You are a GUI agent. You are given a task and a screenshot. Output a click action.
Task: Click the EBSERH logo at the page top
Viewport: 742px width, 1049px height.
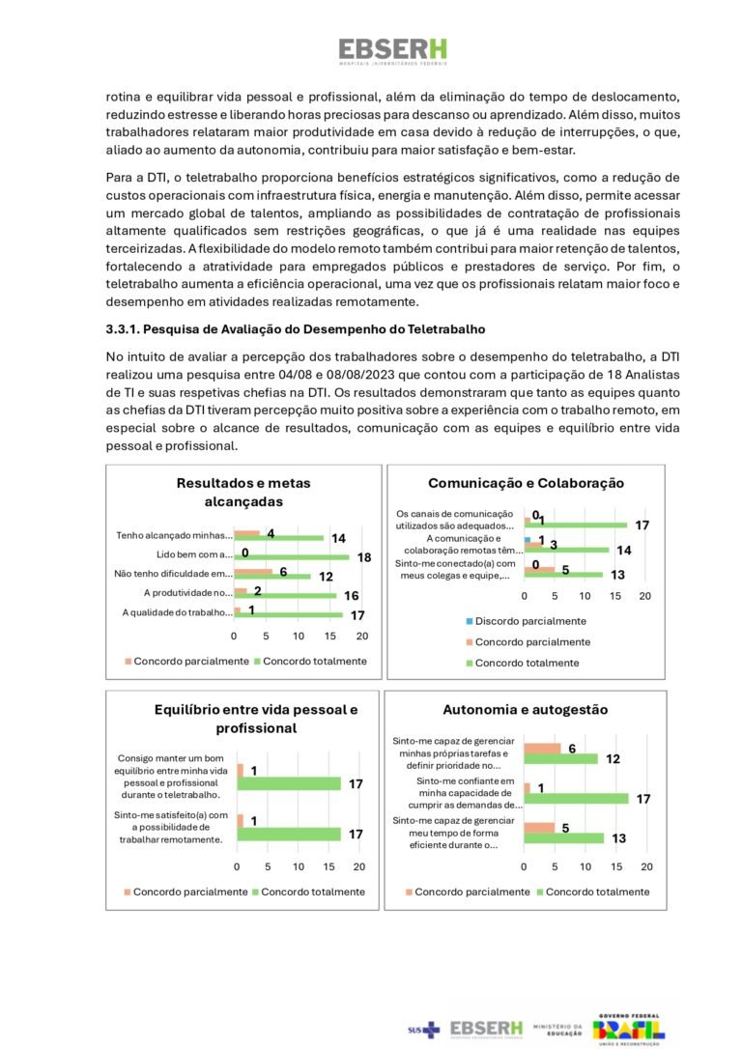[392, 50]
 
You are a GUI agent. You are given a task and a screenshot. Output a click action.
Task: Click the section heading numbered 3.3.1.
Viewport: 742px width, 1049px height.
[295, 329]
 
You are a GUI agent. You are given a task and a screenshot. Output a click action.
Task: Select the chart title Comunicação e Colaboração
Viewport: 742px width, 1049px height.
[526, 483]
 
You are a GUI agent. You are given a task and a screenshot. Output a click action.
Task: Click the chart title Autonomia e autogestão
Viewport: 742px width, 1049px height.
[525, 710]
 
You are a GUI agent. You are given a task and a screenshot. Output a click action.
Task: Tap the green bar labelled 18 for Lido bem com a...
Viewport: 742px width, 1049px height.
[291, 557]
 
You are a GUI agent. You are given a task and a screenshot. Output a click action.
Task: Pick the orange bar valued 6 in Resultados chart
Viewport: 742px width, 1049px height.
[253, 572]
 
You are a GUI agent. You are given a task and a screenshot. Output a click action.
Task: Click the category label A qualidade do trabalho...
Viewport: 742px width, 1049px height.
[177, 612]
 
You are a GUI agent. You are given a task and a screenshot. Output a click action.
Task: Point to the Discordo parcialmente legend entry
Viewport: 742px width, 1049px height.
[529, 621]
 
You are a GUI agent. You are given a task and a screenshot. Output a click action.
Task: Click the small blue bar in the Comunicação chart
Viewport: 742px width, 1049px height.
[528, 539]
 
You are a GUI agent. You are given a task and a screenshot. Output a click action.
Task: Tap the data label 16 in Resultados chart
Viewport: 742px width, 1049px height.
[352, 596]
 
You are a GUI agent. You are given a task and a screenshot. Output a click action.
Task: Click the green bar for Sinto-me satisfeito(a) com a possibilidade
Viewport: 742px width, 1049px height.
[289, 834]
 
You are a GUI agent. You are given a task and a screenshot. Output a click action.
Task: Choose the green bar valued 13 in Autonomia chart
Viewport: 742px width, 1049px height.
[563, 837]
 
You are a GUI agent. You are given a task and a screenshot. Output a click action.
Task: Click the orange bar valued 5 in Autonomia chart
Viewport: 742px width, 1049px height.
[539, 827]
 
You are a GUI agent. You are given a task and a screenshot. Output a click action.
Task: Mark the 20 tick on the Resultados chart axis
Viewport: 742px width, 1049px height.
[362, 637]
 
